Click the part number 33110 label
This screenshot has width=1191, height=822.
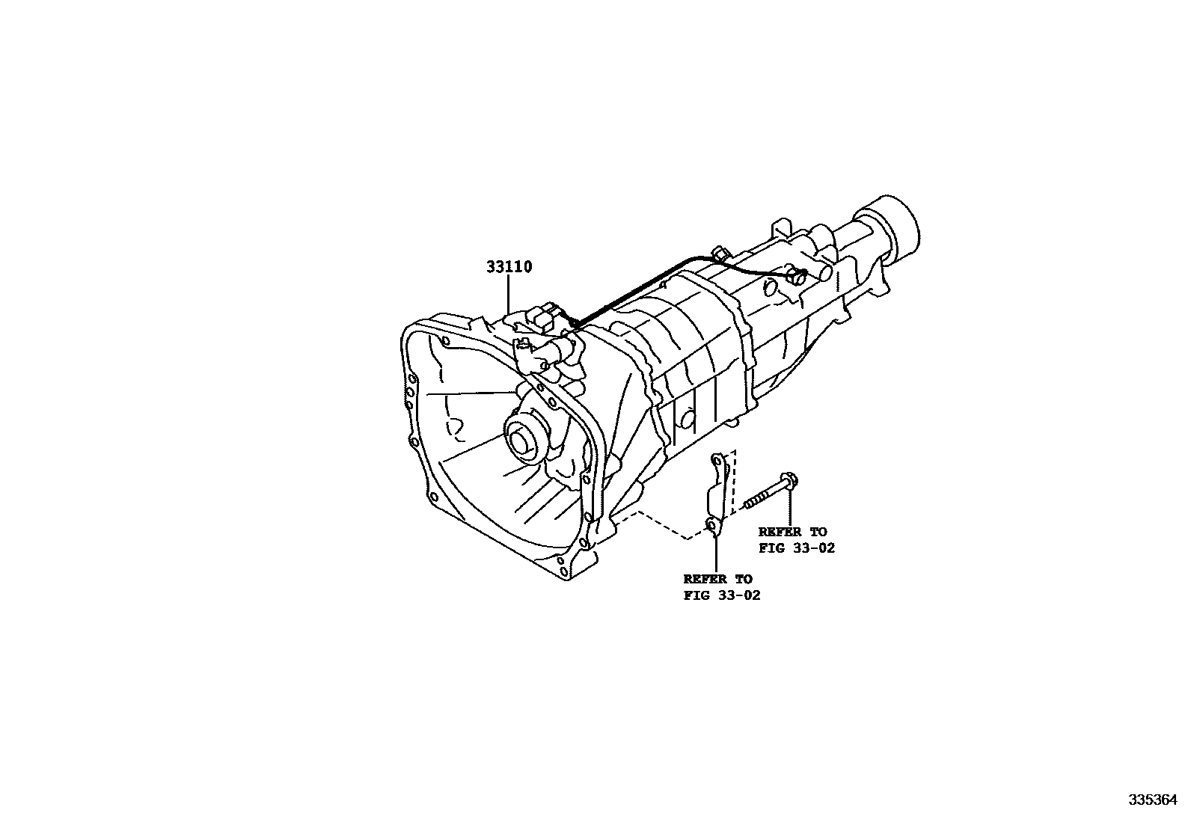click(509, 267)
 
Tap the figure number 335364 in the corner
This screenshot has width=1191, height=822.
click(1153, 800)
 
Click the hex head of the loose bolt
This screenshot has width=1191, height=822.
click(786, 480)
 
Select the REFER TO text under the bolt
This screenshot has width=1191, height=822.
click(792, 532)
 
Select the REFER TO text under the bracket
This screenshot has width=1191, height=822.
click(717, 579)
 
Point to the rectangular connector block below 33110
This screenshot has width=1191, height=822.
click(545, 319)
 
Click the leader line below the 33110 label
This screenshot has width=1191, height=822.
click(509, 293)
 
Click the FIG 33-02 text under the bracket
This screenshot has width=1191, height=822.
click(721, 596)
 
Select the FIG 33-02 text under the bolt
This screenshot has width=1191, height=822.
click(796, 548)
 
